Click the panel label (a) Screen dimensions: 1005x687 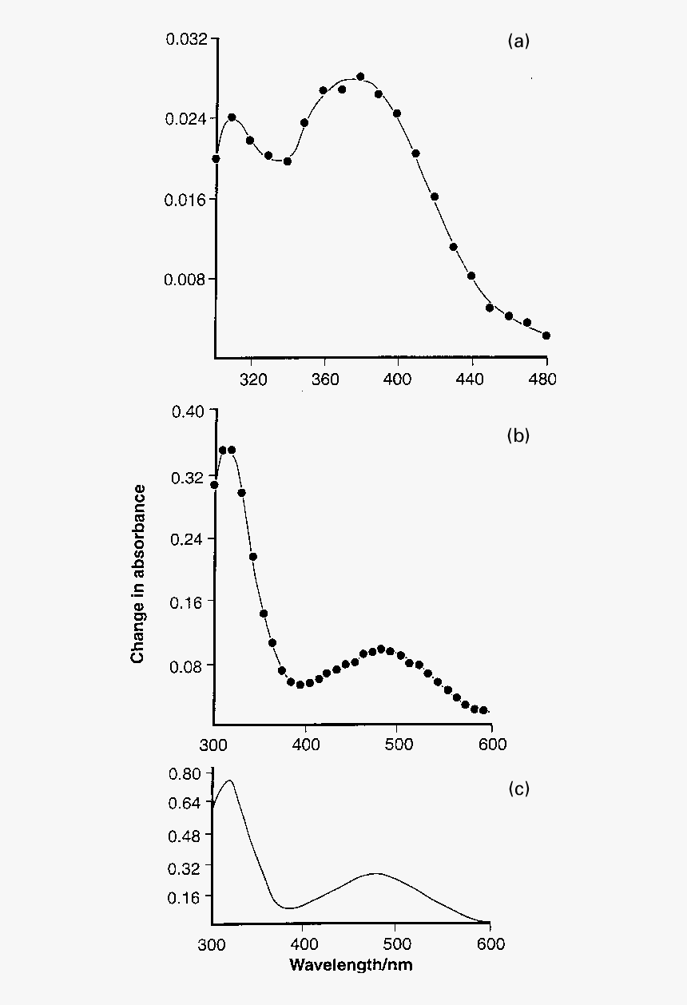point(518,42)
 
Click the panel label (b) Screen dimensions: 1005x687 point(518,436)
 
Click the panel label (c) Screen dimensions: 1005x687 point(518,789)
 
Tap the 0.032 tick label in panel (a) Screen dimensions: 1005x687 point(186,39)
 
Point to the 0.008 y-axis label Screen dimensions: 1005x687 point(186,280)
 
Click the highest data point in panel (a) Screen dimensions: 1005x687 point(360,77)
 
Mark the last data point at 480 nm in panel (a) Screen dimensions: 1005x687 point(546,336)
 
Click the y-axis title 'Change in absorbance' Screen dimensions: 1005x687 point(138,574)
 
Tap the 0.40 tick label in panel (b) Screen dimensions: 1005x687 point(190,411)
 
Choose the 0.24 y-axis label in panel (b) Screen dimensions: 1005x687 point(190,538)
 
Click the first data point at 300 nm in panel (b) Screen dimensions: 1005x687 point(214,485)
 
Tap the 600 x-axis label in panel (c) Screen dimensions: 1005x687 point(490,944)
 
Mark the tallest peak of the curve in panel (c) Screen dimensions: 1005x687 point(230,781)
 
